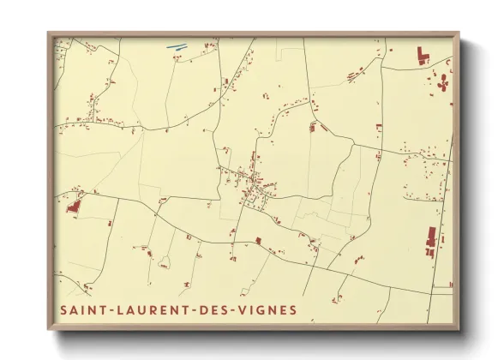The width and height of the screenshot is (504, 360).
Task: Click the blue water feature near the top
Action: coord(176,47)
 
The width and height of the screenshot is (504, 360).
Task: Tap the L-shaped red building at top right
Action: coord(422,57)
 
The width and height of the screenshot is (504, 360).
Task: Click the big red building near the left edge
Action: coord(73,206)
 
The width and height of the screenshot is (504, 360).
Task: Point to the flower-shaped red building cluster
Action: coord(443,83)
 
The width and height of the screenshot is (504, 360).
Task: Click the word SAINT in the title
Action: coord(81,309)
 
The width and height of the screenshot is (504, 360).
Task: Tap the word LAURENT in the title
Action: coord(151,309)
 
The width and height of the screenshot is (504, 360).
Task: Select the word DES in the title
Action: coord(219,309)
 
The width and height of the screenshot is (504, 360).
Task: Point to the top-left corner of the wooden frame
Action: coord(48,33)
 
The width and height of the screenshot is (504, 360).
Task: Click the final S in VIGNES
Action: coord(294,309)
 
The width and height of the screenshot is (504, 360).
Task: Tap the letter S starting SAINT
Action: coord(63,309)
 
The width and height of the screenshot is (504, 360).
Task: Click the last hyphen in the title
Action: coord(237,310)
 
